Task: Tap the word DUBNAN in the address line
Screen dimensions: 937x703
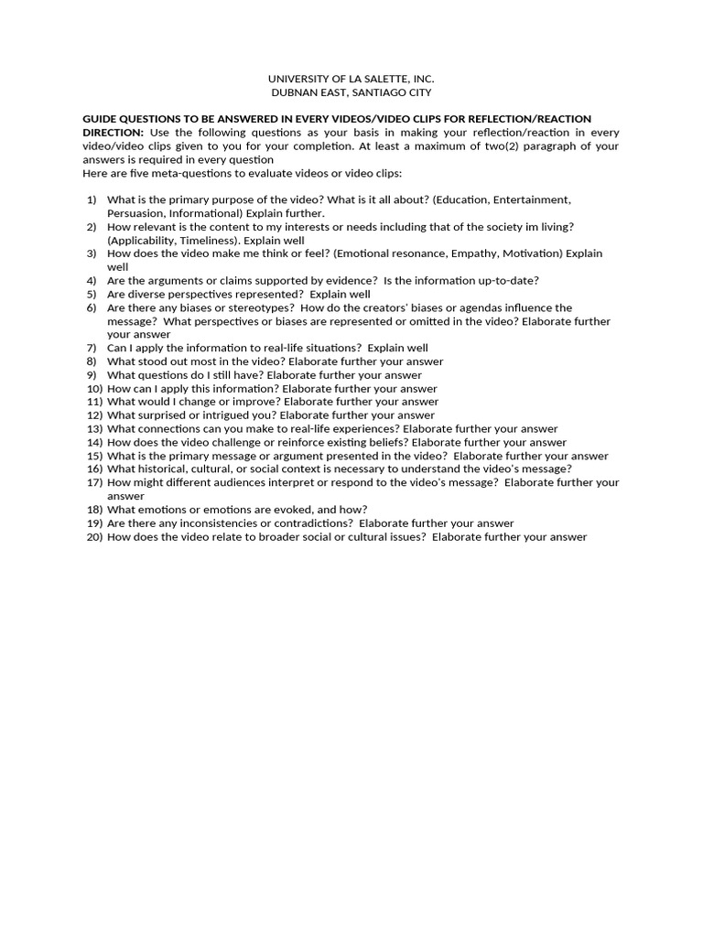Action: (293, 92)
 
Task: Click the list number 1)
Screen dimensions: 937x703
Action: (92, 199)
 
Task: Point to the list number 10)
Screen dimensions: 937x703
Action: (93, 388)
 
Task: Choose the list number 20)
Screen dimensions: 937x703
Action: (93, 537)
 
